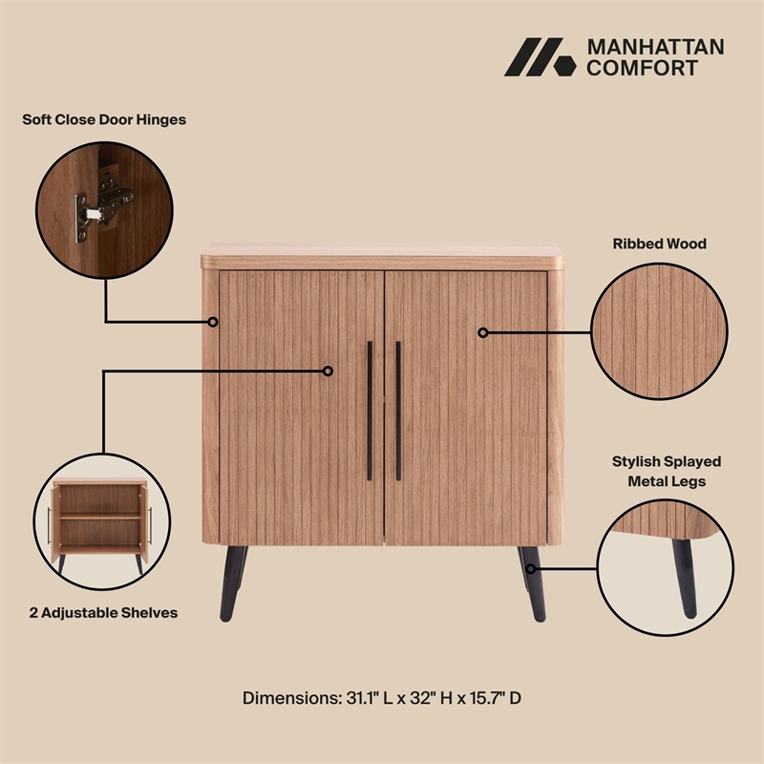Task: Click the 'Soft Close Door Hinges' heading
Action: pos(104,120)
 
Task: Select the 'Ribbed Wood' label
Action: pos(659,244)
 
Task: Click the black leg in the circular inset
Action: pos(683,574)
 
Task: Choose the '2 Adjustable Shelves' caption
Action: pos(104,612)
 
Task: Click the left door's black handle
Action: pos(370,411)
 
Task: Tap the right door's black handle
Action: pos(398,411)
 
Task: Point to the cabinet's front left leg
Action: pos(232,584)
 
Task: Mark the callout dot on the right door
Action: pos(483,332)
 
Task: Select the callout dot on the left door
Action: pos(328,371)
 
